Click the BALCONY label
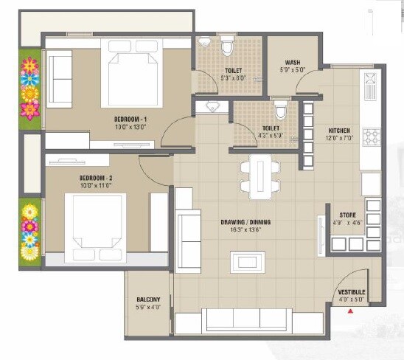pyautogui.click(x=148, y=300)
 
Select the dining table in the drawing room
pyautogui.click(x=258, y=177)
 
